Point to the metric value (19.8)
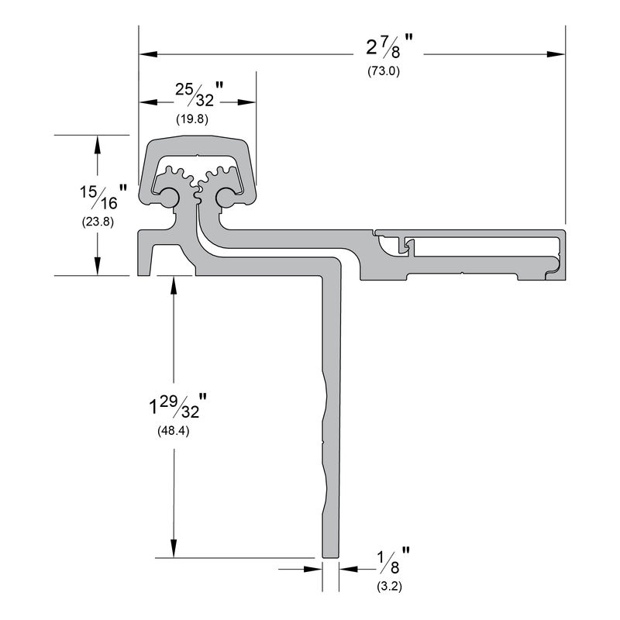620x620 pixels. coord(192,119)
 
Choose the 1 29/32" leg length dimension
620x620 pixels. coord(178,406)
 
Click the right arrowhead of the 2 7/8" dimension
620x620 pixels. coord(556,54)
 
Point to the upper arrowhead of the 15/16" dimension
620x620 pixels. coord(97,143)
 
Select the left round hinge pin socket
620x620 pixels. coord(166,196)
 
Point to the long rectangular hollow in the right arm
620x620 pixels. coord(484,248)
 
